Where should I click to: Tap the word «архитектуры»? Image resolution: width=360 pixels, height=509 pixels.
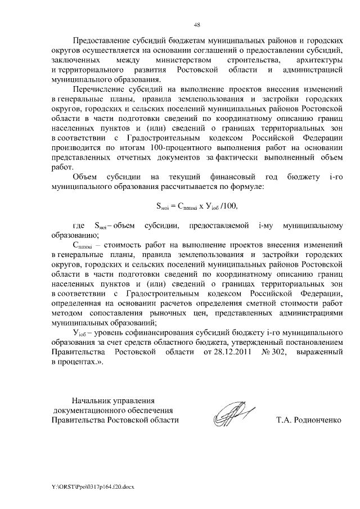[x=317, y=59]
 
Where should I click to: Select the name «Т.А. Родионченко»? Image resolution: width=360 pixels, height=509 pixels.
[x=309, y=420]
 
